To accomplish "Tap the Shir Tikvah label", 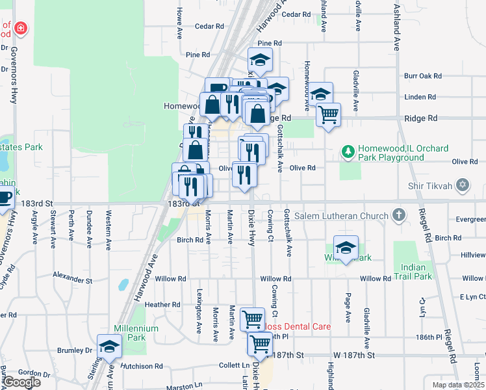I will [x=435, y=186].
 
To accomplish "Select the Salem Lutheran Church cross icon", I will [x=399, y=215].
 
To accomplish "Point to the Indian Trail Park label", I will [x=413, y=272].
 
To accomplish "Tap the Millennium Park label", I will [x=136, y=333].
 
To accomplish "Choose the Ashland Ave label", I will [x=396, y=29].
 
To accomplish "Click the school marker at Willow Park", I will [x=346, y=247].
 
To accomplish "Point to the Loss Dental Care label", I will [x=298, y=326].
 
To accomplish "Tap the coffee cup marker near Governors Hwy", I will [x=5, y=196].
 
